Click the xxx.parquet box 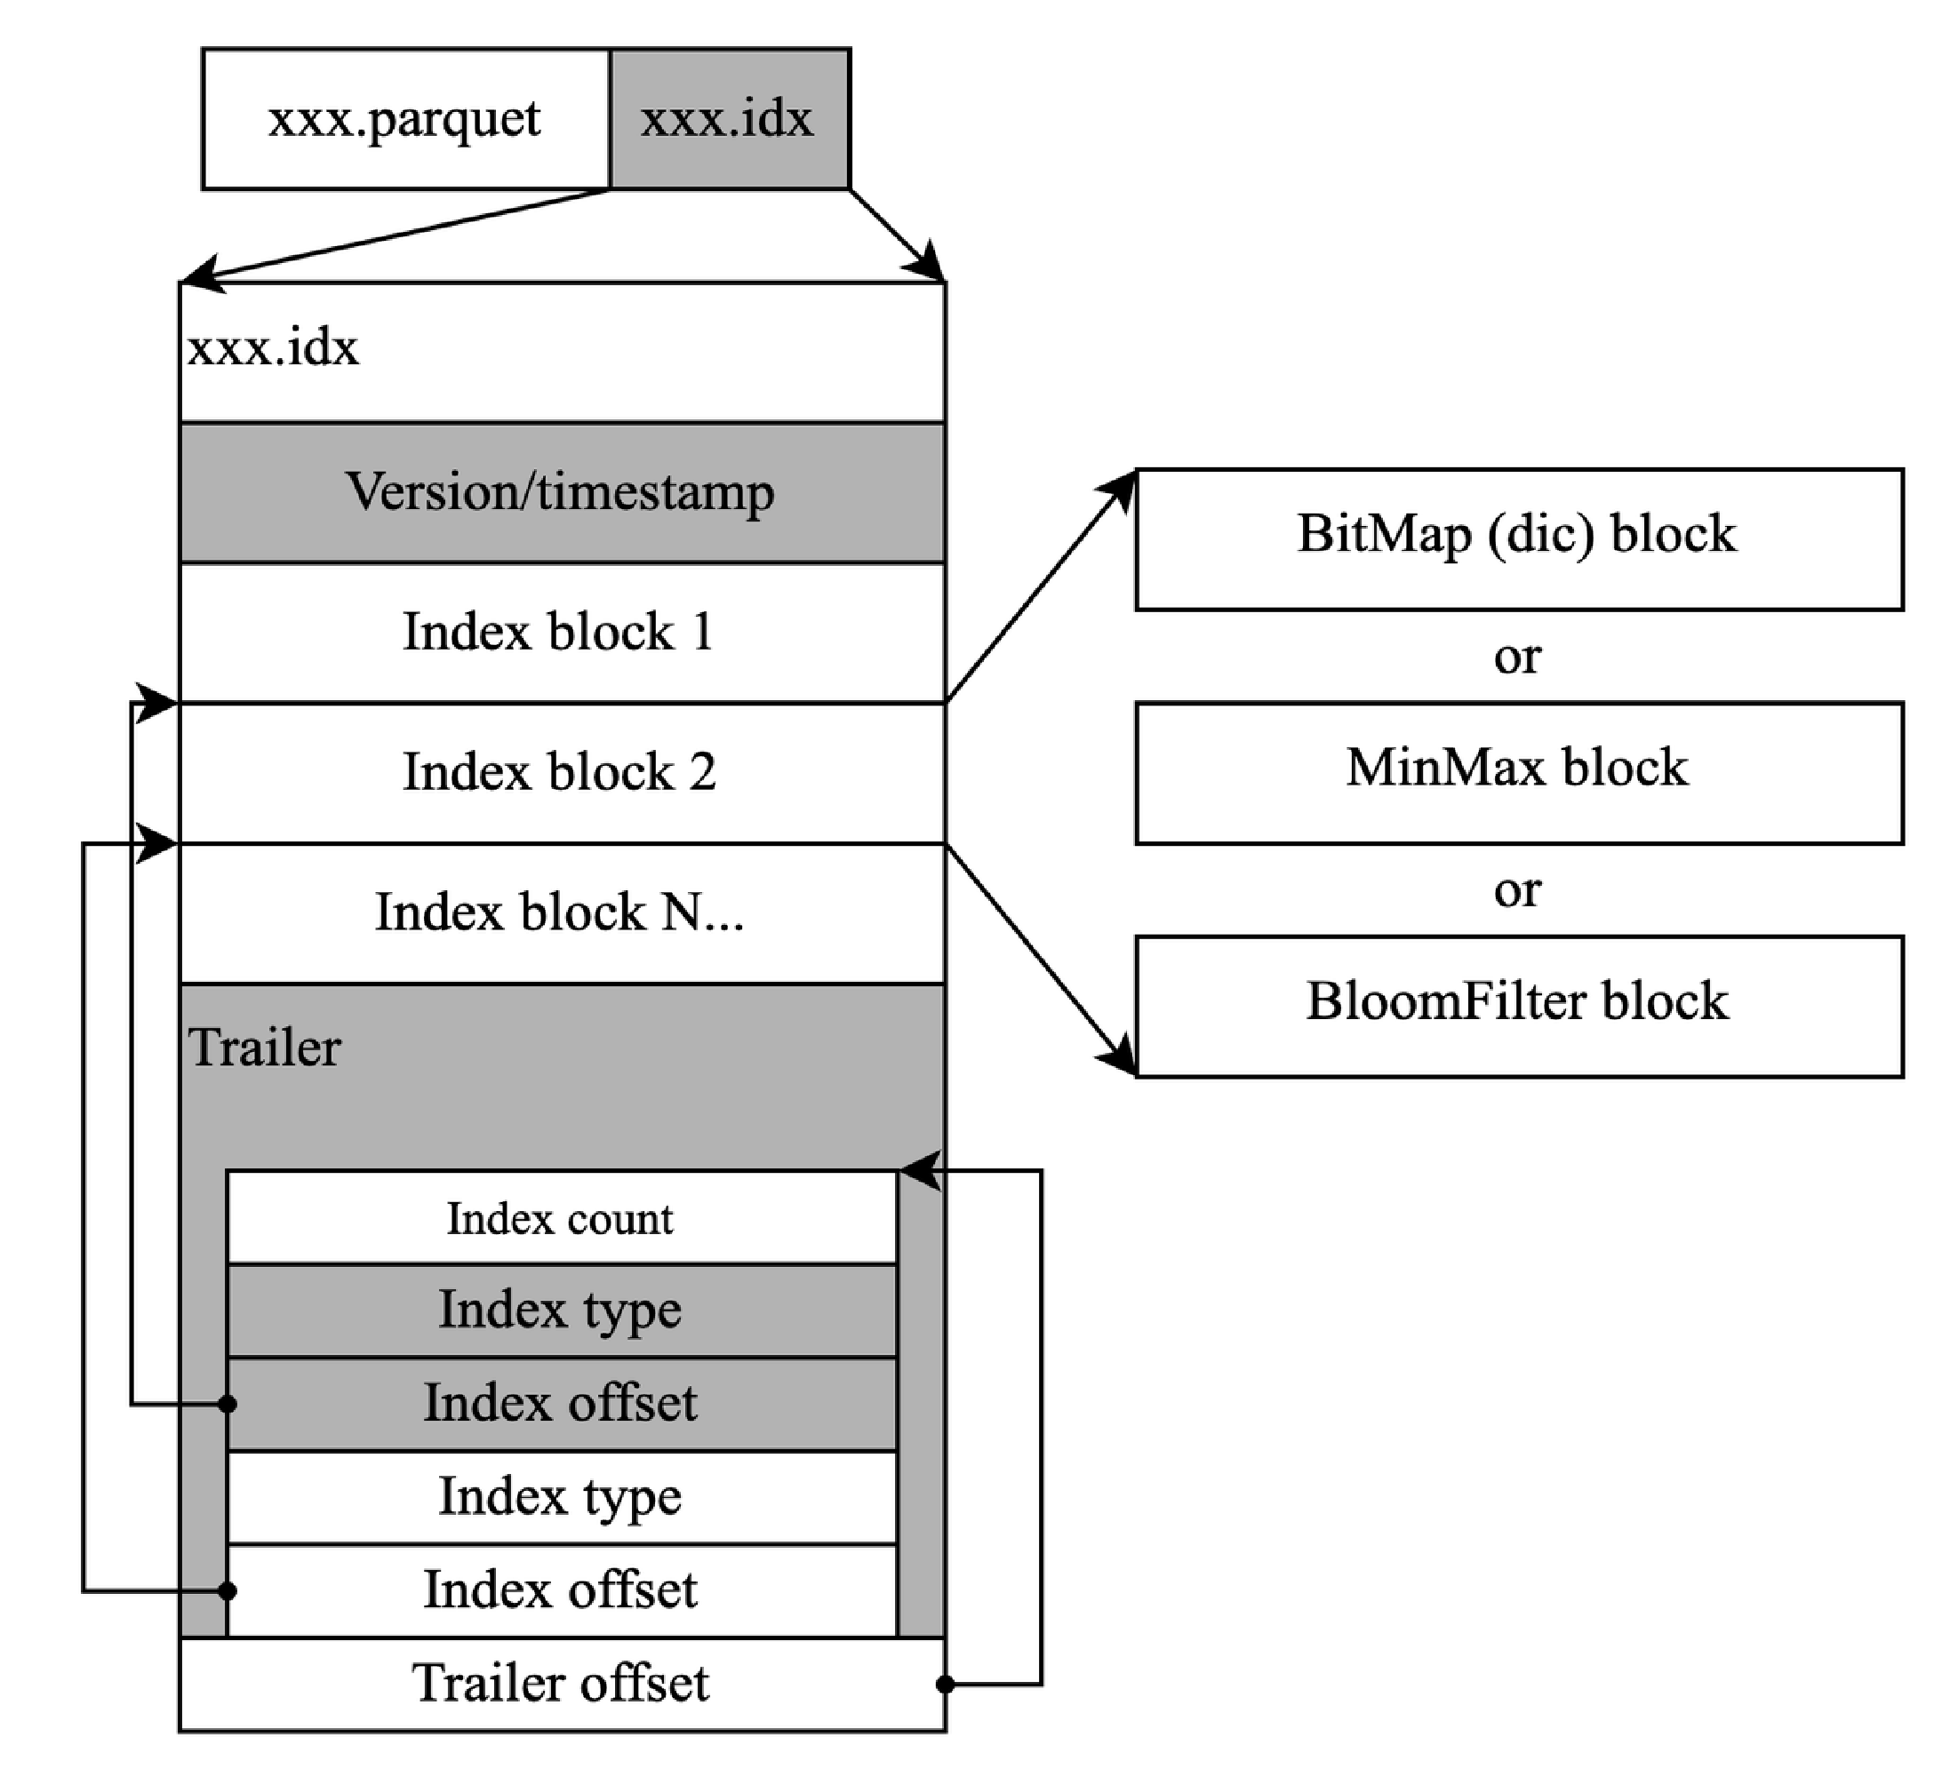[x=406, y=119]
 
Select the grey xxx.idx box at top [x=730, y=119]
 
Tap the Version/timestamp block [x=562, y=491]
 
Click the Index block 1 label [x=558, y=633]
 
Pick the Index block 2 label [x=559, y=772]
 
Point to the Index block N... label [x=559, y=912]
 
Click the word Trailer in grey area [x=264, y=1048]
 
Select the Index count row [x=561, y=1219]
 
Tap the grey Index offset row [x=561, y=1403]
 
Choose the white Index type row [x=561, y=1495]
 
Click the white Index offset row [x=561, y=1590]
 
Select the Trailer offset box [x=562, y=1683]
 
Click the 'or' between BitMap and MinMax [x=1517, y=657]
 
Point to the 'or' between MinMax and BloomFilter [x=1517, y=890]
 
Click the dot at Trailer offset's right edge [x=944, y=1684]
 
